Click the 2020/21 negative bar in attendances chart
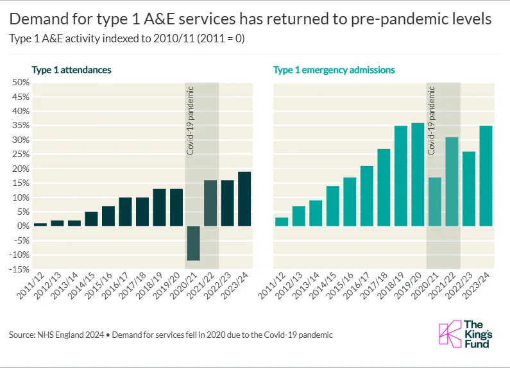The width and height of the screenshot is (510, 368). pos(193,244)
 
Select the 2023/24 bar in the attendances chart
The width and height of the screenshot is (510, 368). pos(244,199)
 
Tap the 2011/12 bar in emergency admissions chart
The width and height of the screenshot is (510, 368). pos(282,222)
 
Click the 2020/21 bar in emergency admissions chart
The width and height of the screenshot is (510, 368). pos(435,202)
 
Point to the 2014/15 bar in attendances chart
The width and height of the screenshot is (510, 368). pos(91,219)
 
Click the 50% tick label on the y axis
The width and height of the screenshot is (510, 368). pos(19,83)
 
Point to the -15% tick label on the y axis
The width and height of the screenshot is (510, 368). pos(18,269)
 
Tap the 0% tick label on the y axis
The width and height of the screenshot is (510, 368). pos(21,226)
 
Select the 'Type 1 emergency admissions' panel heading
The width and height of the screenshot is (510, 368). pos(334,69)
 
